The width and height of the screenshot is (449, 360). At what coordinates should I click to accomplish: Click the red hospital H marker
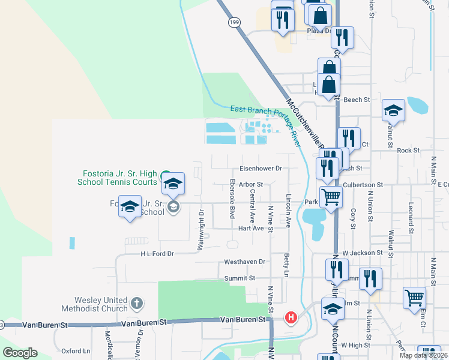point(291,317)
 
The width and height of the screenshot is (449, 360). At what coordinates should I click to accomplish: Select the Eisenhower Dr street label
point(261,169)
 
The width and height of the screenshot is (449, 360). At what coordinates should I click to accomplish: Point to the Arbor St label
point(251,184)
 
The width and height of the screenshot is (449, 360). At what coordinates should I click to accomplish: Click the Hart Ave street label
point(251,228)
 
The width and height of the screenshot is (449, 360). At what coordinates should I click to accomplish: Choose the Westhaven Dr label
point(244,262)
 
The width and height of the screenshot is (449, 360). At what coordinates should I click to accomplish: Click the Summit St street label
point(240,278)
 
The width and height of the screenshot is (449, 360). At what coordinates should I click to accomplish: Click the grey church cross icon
point(137,304)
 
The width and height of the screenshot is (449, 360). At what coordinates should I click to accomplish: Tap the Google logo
point(20,352)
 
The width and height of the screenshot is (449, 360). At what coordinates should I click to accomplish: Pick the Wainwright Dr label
point(202,229)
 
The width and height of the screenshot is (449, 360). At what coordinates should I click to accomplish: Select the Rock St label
point(408,151)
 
